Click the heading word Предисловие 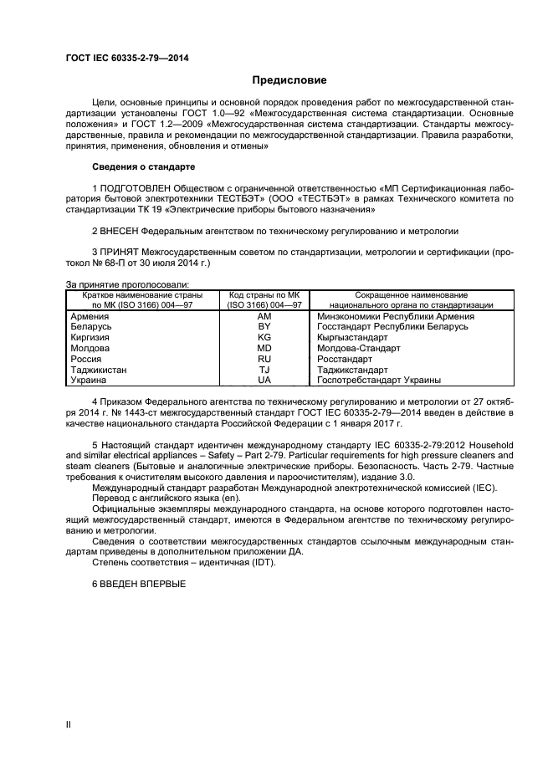pyautogui.click(x=289, y=80)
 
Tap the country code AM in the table pyautogui.click(x=264, y=316)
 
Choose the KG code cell pyautogui.click(x=264, y=337)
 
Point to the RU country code pyautogui.click(x=264, y=358)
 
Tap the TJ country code pyautogui.click(x=264, y=369)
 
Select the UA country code pyautogui.click(x=264, y=379)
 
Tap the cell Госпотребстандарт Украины pyautogui.click(x=379, y=379)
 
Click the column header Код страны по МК pyautogui.click(x=264, y=295)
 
